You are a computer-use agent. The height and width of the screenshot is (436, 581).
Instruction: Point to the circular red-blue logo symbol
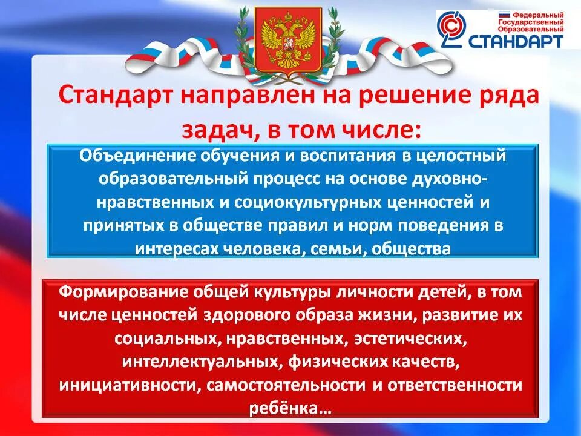[x=453, y=30]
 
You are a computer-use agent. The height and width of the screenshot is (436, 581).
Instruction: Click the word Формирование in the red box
[x=115, y=291]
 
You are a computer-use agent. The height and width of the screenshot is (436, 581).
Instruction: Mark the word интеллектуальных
[x=199, y=362]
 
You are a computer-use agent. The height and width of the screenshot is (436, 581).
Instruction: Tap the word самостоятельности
[x=286, y=385]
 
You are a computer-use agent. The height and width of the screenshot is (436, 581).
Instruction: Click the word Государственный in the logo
[x=531, y=21]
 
